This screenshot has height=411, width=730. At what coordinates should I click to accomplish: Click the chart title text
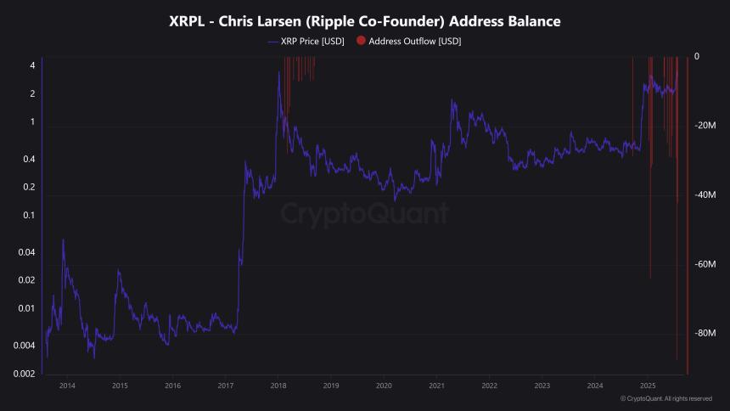pyautogui.click(x=365, y=20)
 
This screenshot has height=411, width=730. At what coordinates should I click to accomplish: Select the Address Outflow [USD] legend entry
pyautogui.click(x=414, y=41)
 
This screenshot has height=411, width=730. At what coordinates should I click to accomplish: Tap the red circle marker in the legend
pyautogui.click(x=361, y=41)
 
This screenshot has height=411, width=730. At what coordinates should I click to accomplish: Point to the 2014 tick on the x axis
pyautogui.click(x=67, y=386)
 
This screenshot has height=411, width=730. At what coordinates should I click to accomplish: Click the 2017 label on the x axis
pyautogui.click(x=226, y=386)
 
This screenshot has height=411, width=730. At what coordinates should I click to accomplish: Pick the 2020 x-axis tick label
pyautogui.click(x=384, y=386)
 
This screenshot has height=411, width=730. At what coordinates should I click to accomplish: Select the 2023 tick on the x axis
pyautogui.click(x=542, y=386)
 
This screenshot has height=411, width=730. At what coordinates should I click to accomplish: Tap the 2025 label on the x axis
pyautogui.click(x=648, y=386)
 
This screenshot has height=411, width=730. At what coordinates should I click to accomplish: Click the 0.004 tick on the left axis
pyautogui.click(x=25, y=346)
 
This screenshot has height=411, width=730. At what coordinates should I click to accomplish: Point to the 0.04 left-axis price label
pyautogui.click(x=27, y=252)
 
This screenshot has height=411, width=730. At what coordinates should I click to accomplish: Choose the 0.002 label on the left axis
pyautogui.click(x=25, y=374)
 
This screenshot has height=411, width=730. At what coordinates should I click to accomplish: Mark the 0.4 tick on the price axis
pyautogui.click(x=30, y=159)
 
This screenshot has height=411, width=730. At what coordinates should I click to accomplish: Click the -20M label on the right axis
pyautogui.click(x=706, y=126)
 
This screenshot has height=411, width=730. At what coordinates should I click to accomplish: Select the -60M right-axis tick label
pyautogui.click(x=706, y=264)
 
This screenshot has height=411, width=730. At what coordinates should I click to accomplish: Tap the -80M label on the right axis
pyautogui.click(x=706, y=334)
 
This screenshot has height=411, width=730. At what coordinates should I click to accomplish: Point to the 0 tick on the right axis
pyautogui.click(x=697, y=57)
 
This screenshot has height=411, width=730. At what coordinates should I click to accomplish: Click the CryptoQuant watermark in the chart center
pyautogui.click(x=365, y=212)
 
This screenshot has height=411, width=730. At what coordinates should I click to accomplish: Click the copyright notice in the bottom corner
pyautogui.click(x=666, y=398)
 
